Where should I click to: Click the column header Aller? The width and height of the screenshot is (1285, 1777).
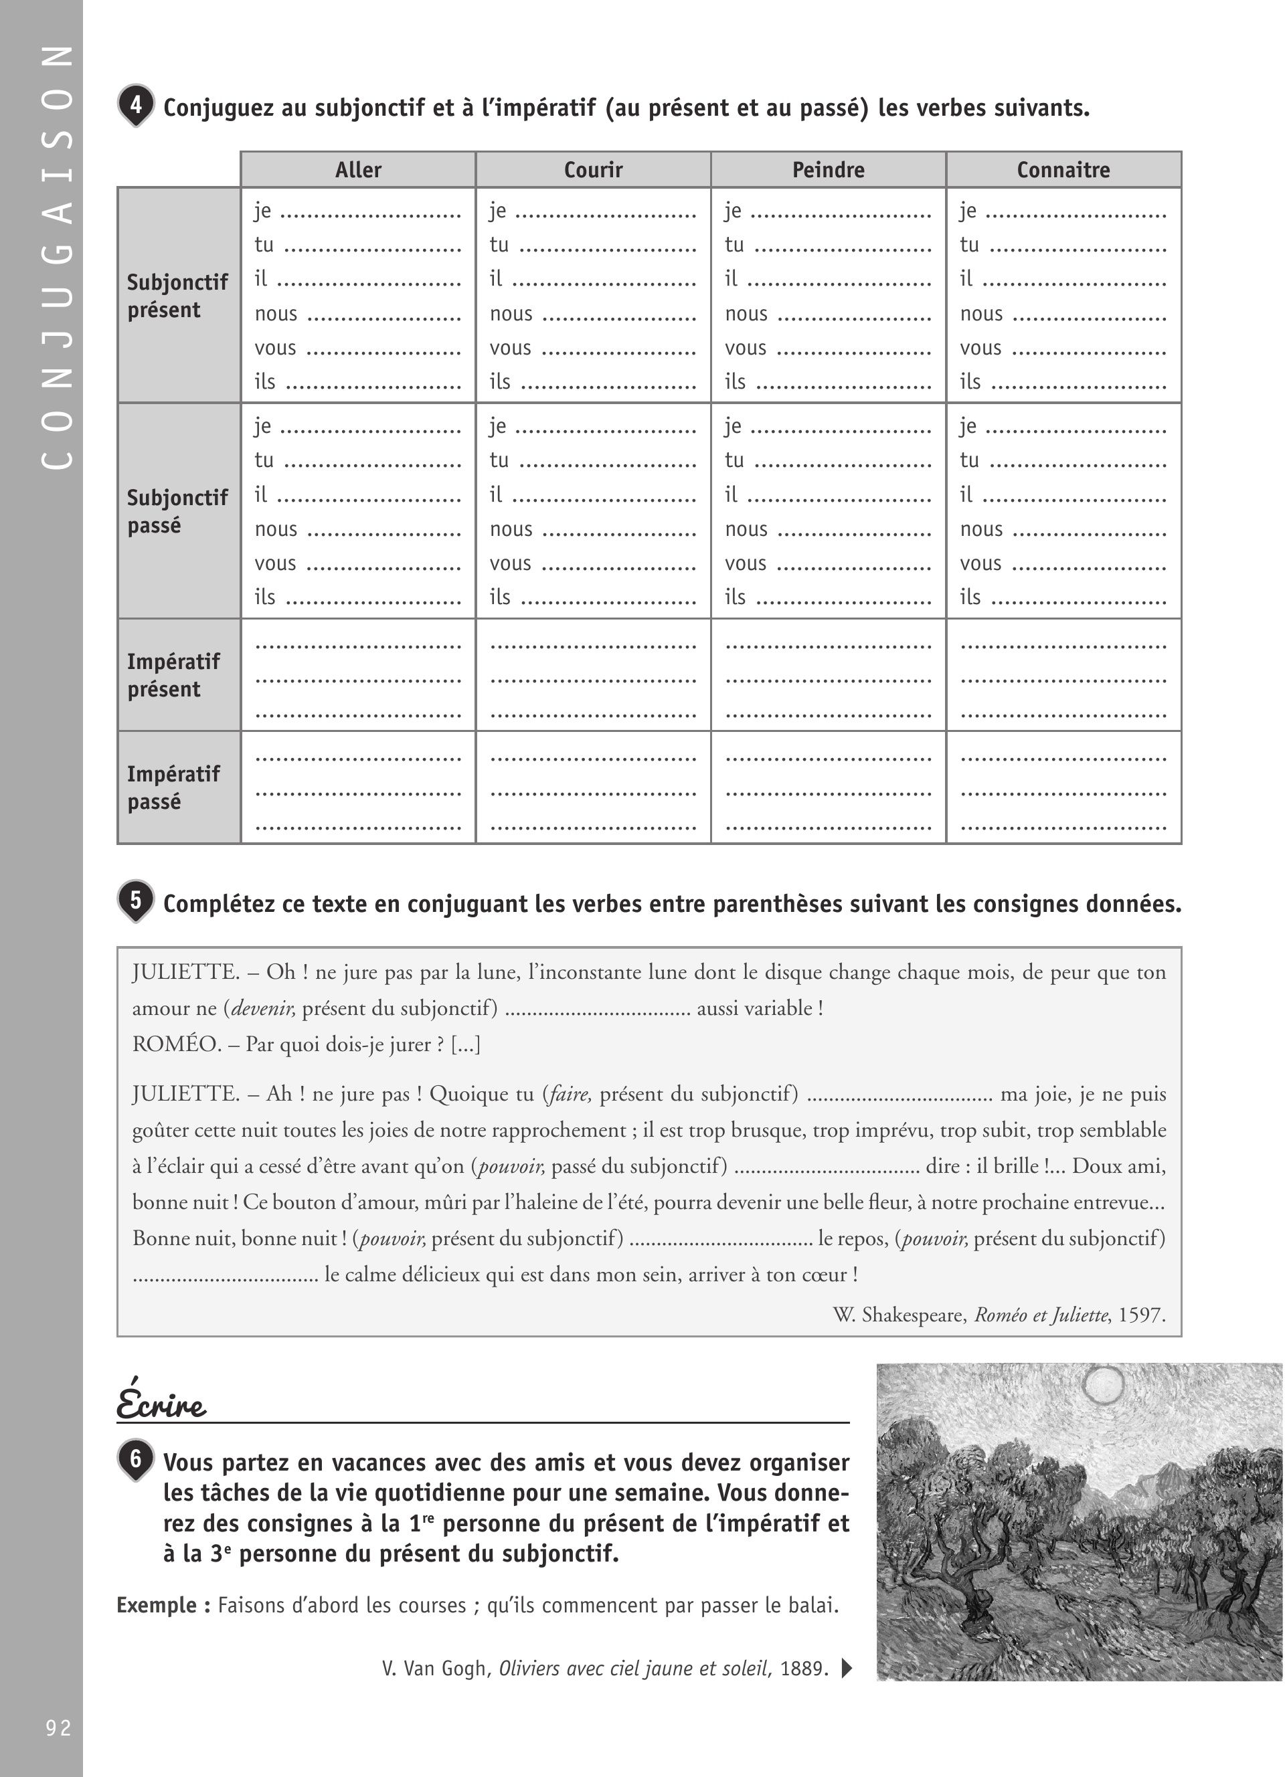[x=358, y=170]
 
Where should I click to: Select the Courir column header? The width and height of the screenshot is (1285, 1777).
[x=593, y=170]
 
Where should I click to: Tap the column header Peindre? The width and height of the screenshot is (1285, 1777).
[x=828, y=170]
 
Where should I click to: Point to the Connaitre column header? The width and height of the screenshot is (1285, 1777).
[x=1063, y=170]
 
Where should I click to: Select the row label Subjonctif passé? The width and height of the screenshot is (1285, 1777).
[x=177, y=512]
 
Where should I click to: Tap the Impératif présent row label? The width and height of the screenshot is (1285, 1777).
[x=173, y=675]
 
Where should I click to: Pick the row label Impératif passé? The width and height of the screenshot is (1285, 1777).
[x=173, y=788]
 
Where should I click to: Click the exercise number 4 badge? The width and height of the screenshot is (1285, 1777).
[x=137, y=105]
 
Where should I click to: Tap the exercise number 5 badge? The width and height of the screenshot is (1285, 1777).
[x=137, y=901]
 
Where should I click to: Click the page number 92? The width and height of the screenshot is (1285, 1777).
[x=58, y=1727]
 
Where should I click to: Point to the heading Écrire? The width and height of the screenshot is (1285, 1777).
[x=161, y=1402]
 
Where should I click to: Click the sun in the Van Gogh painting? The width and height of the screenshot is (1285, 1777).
[x=1103, y=1385]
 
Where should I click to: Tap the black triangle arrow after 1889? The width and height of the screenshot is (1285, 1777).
[x=846, y=1668]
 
